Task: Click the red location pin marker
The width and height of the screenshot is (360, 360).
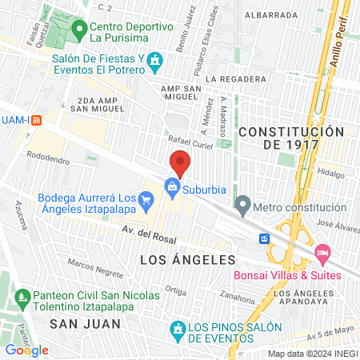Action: click(180, 162)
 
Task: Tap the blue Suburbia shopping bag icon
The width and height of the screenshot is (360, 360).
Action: click(172, 186)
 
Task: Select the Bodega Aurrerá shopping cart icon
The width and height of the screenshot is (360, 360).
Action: click(146, 198)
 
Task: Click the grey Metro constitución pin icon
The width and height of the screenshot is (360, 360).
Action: click(242, 207)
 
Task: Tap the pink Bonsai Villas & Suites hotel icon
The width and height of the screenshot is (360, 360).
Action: click(323, 253)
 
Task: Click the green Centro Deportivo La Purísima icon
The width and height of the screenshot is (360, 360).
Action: click(78, 31)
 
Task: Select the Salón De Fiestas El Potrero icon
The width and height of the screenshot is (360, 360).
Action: click(156, 62)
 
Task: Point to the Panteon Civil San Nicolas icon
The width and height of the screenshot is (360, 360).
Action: click(22, 301)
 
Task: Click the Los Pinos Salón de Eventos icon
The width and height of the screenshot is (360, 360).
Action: click(178, 329)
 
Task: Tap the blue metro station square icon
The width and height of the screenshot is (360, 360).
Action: click(264, 238)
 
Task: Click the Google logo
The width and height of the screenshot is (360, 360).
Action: click(26, 350)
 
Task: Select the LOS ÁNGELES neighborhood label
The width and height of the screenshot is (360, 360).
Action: click(188, 260)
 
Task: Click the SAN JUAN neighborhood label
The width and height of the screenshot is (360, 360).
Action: click(85, 323)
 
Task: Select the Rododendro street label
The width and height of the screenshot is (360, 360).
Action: click(49, 155)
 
